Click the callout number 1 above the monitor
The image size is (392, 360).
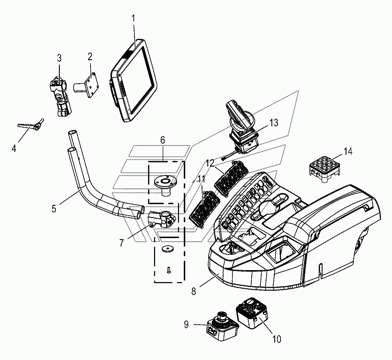tap(133, 19)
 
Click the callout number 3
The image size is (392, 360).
tap(59, 58)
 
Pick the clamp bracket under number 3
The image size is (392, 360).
tap(60, 98)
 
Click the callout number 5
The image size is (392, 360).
tap(54, 209)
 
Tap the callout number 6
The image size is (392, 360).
tap(163, 140)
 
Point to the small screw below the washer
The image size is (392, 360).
tap(168, 270)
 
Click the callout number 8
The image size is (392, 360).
tap(194, 291)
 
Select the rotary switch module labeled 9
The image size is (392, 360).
tap(222, 326)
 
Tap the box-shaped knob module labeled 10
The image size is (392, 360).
tap(252, 313)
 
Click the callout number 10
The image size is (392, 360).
tap(277, 339)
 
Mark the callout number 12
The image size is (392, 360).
tap(210, 163)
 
